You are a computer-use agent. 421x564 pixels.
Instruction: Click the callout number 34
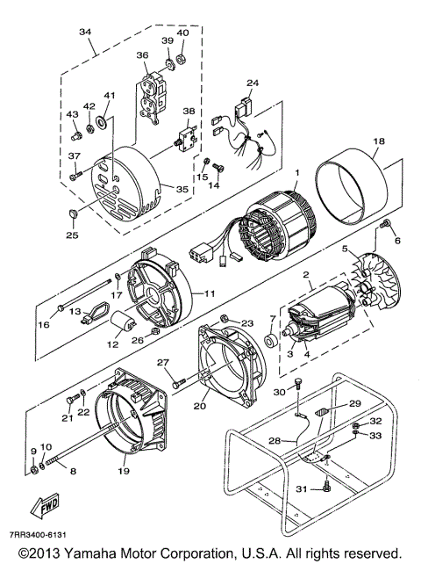(84, 33)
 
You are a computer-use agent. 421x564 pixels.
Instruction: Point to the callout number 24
(253, 83)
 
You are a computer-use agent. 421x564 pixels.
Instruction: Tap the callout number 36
(142, 55)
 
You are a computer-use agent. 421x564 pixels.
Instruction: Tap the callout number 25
(72, 235)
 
